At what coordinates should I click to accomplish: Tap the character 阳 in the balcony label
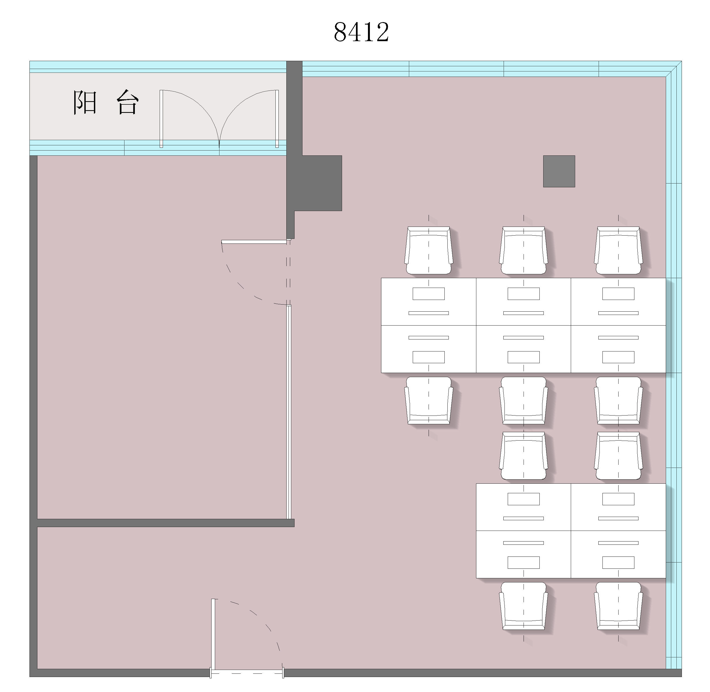[85, 103]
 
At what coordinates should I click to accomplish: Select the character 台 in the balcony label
[128, 103]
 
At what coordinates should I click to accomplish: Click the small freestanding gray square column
[559, 171]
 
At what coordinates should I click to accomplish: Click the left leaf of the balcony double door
[161, 119]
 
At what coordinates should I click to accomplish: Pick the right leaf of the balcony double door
[277, 119]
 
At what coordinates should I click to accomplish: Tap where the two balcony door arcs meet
[219, 143]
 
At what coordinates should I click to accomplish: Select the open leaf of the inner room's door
[254, 242]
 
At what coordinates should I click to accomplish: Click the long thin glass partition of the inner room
[289, 412]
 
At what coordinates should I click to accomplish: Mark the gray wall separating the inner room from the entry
[166, 523]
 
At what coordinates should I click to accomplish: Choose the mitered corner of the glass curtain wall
[674, 69]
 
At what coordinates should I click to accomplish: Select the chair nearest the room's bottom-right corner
[618, 606]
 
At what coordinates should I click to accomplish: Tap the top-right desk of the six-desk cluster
[618, 302]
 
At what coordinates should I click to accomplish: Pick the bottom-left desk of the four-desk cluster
[523, 554]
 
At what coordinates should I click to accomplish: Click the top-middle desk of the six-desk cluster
[523, 302]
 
